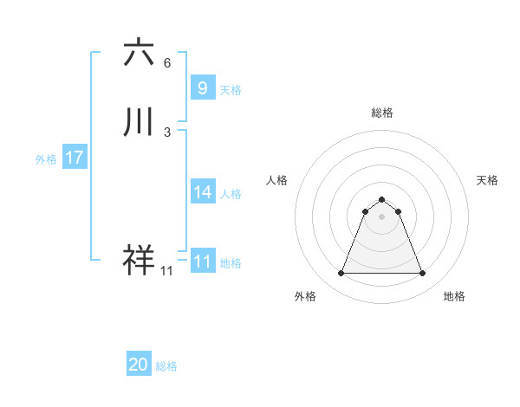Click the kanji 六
(x=139, y=53)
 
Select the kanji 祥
(x=139, y=261)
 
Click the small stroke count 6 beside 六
(x=167, y=63)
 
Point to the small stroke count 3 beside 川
(x=167, y=132)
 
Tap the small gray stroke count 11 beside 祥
(x=166, y=272)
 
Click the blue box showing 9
(x=202, y=88)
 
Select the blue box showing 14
(x=202, y=192)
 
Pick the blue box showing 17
(x=75, y=158)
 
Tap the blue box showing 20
(x=139, y=365)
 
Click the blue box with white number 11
(x=202, y=262)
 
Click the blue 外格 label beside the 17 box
(x=46, y=159)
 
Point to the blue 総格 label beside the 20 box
(x=166, y=367)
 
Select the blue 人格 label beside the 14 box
(x=231, y=194)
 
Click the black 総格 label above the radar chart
(x=381, y=113)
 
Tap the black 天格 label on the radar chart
(x=487, y=180)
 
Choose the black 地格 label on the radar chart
(x=454, y=297)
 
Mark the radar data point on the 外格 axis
(x=341, y=274)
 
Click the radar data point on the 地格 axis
(x=422, y=274)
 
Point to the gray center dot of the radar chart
(x=381, y=216)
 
